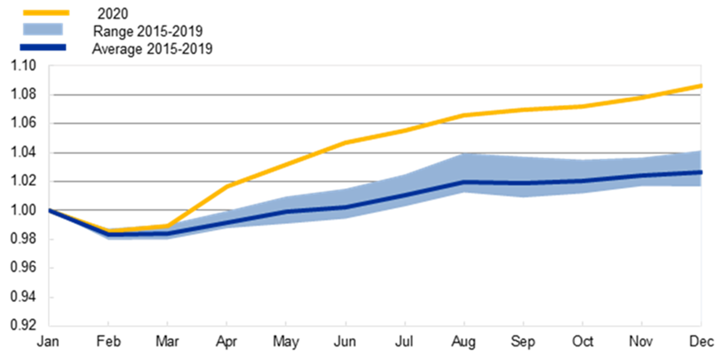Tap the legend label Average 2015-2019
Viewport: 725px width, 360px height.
tap(152, 49)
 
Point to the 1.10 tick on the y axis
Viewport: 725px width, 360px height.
tap(23, 66)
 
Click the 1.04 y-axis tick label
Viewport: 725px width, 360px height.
tap(23, 153)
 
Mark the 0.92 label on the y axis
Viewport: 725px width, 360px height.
tap(23, 326)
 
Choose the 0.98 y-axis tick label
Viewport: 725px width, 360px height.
tap(23, 239)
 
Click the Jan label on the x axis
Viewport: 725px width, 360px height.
tap(49, 342)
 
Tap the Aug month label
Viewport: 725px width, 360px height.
tap(464, 342)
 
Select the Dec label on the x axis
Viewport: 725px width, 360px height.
tap(701, 342)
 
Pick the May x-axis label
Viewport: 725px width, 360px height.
tap(286, 342)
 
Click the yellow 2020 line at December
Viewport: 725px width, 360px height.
tap(700, 86)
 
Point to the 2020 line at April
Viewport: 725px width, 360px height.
tap(227, 186)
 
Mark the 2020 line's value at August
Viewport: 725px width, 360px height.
tap(464, 115)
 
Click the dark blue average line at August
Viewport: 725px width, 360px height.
tap(464, 182)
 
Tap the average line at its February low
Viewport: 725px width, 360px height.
tap(108, 234)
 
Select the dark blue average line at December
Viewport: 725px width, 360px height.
tap(700, 172)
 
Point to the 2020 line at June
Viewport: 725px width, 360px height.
tap(346, 142)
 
